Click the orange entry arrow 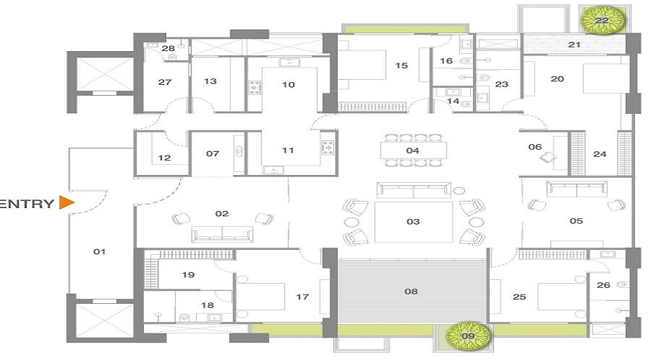pyautogui.click(x=67, y=202)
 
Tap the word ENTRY pyautogui.click(x=28, y=203)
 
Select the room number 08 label pyautogui.click(x=410, y=292)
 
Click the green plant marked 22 pyautogui.click(x=601, y=21)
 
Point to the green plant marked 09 pyautogui.click(x=468, y=334)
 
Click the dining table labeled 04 pyautogui.click(x=413, y=150)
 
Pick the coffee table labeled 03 pyautogui.click(x=413, y=222)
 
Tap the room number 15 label pyautogui.click(x=401, y=66)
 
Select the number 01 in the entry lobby pyautogui.click(x=100, y=251)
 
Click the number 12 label pyautogui.click(x=164, y=158)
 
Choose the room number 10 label pyautogui.click(x=288, y=84)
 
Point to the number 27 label pyautogui.click(x=164, y=82)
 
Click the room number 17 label pyautogui.click(x=302, y=296)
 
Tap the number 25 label pyautogui.click(x=518, y=296)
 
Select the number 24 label pyautogui.click(x=600, y=153)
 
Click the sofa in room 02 pyautogui.click(x=222, y=234)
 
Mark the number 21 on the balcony pyautogui.click(x=574, y=45)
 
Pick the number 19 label pyautogui.click(x=189, y=275)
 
